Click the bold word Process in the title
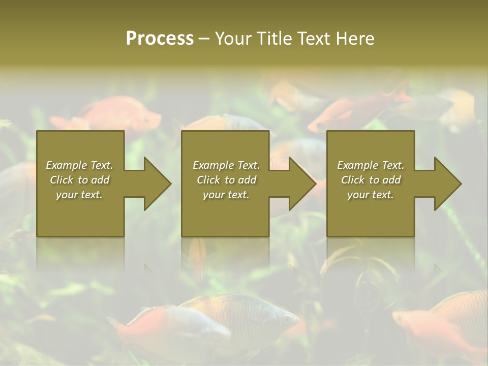click(x=160, y=39)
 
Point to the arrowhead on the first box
click(x=157, y=184)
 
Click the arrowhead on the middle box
click(x=301, y=184)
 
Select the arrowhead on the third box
click(x=447, y=184)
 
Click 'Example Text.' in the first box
click(x=79, y=165)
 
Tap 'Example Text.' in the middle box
click(x=226, y=165)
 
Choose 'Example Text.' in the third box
click(x=371, y=165)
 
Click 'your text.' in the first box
click(x=79, y=195)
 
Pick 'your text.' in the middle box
click(x=226, y=195)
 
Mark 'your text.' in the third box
click(x=371, y=195)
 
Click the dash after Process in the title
click(x=204, y=39)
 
